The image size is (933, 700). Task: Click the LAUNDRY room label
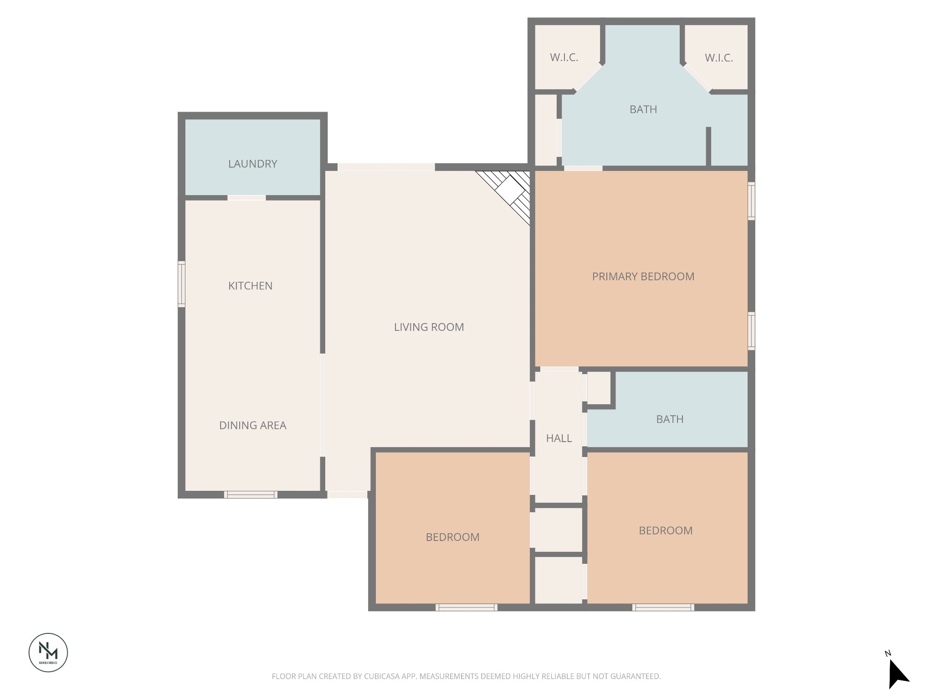[x=252, y=164]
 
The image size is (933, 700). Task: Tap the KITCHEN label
[x=250, y=286]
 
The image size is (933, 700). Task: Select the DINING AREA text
[x=252, y=425]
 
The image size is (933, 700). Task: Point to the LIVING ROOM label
[x=429, y=327]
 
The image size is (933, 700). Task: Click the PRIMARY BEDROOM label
[x=643, y=276]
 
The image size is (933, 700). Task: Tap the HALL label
[x=559, y=438]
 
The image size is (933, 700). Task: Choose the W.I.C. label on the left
[x=564, y=57]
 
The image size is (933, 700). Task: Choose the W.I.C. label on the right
[x=718, y=58]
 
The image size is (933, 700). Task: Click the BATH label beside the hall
[x=669, y=419]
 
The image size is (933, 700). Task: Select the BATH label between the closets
[x=643, y=109]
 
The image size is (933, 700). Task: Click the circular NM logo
[x=48, y=652]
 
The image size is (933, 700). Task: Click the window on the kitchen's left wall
[x=181, y=284]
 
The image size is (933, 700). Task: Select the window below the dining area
[x=251, y=494]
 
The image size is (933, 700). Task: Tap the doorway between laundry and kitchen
[x=246, y=198]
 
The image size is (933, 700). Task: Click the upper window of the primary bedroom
[x=751, y=201]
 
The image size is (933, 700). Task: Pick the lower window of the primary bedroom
[x=751, y=331]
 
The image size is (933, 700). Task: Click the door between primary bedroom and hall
[x=559, y=369]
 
